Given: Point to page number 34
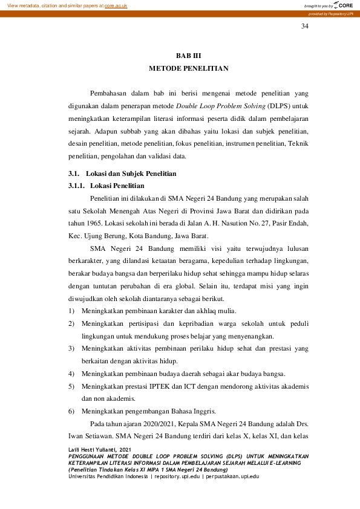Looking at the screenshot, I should click(305, 27).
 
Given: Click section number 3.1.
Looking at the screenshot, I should click(73, 174).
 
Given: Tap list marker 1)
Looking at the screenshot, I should click(71, 310).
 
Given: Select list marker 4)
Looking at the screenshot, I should click(71, 373).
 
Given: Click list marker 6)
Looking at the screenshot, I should click(71, 411).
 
